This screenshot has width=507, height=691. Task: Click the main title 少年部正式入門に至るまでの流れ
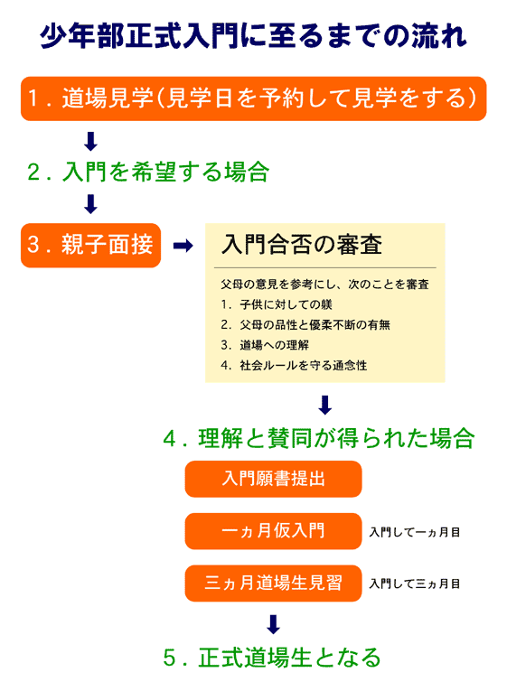pos(253,35)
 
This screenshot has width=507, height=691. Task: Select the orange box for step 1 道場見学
pos(253,98)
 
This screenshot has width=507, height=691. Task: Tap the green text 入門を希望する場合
pos(165,172)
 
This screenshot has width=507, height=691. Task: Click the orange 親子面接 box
pos(90,246)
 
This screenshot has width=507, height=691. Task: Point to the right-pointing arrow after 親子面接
pos(183,246)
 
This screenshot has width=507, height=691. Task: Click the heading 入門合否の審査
pos(302,245)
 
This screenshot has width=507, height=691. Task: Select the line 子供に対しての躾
pos(286,304)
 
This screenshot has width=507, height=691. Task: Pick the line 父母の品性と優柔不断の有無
pos(315,325)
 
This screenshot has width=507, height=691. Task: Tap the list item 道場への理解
pos(274,345)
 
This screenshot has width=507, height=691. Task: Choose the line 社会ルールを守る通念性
pos(304,365)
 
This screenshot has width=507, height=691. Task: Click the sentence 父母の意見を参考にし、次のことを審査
pos(325,285)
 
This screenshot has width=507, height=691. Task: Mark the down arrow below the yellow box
pos(325,405)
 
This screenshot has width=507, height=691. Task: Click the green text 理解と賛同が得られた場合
pos(336,438)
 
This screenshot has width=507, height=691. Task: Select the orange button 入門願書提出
pos(273,479)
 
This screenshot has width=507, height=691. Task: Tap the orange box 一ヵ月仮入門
pos(273,531)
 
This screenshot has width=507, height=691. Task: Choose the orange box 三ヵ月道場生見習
pos(273,583)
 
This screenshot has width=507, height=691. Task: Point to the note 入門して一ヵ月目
pos(415,532)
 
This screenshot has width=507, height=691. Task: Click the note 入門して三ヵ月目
pos(415,584)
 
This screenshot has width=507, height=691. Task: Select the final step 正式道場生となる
pos(290,658)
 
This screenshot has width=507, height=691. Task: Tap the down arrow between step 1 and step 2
pos(90,141)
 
